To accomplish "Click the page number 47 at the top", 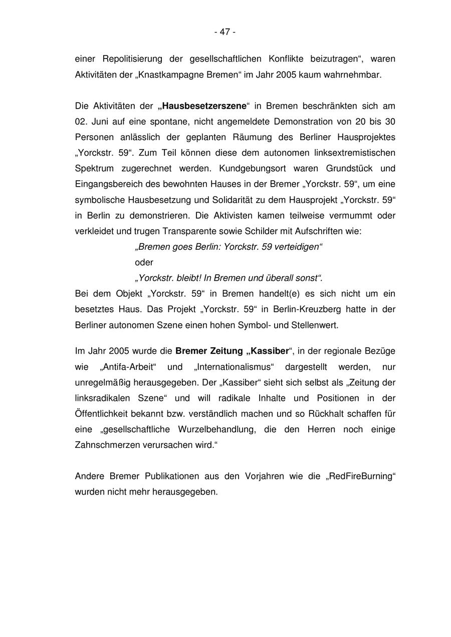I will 225,32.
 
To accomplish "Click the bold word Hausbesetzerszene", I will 204,106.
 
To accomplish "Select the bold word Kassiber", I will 266,351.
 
